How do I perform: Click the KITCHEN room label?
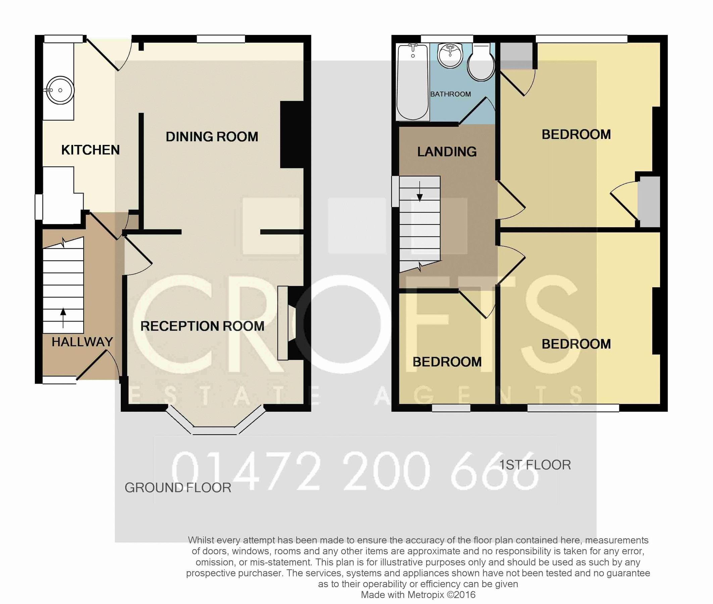click(90, 150)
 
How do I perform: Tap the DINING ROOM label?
click(212, 137)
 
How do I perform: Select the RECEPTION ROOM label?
click(202, 326)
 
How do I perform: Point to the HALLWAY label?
click(82, 342)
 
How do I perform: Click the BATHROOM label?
click(450, 94)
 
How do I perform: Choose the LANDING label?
click(447, 152)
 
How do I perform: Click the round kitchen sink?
click(60, 90)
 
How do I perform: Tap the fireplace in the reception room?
click(288, 323)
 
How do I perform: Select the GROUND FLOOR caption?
click(177, 488)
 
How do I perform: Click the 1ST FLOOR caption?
click(534, 465)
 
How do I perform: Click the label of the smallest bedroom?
click(447, 362)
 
